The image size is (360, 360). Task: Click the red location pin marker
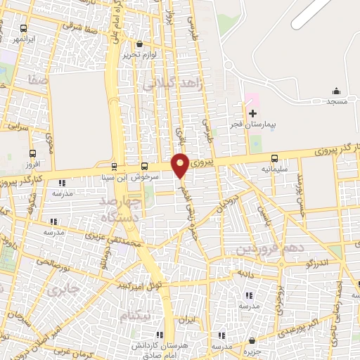(180, 165)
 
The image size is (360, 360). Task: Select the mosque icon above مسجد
(336, 91)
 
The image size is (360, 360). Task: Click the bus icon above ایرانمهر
(25, 29)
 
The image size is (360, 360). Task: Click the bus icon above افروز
(32, 153)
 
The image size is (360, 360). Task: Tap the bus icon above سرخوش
(144, 167)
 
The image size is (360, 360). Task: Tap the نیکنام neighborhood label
(135, 317)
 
